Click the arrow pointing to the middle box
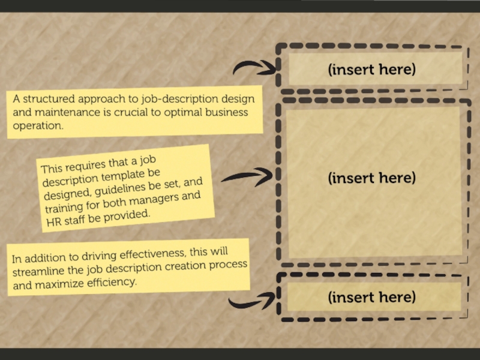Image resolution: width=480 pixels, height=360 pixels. pyautogui.click(x=246, y=176)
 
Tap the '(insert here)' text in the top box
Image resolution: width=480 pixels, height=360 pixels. pyautogui.click(x=372, y=69)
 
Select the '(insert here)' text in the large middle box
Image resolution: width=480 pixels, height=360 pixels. pyautogui.click(x=372, y=178)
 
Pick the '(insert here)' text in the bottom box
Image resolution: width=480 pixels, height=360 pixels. pyautogui.click(x=372, y=297)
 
